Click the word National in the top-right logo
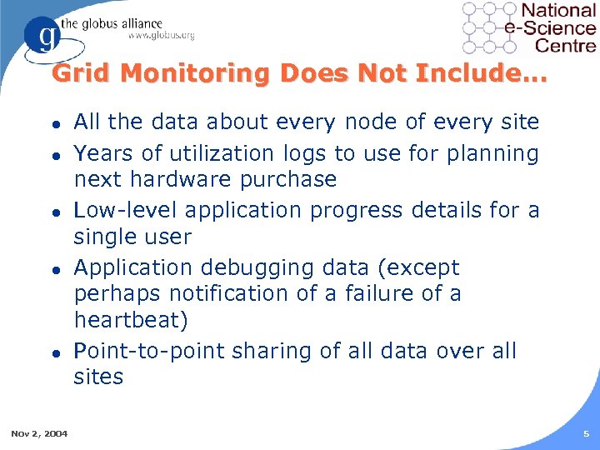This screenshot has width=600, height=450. [x=558, y=11]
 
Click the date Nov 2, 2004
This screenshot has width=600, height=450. [x=39, y=433]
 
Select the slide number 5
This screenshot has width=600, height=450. [x=586, y=433]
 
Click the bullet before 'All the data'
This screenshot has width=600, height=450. [x=55, y=123]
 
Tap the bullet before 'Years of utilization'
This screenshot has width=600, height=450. [x=55, y=154]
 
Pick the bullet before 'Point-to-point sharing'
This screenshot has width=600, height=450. [x=55, y=352]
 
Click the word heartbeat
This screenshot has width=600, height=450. [x=127, y=320]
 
